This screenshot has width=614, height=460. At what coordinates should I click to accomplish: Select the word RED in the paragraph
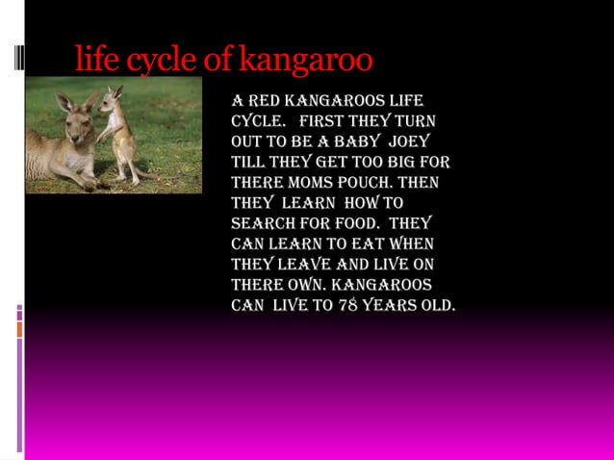coord(267,102)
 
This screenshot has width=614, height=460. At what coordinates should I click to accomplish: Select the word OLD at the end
coord(441,306)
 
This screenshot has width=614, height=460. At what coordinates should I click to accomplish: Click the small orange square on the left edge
coord(19,330)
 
